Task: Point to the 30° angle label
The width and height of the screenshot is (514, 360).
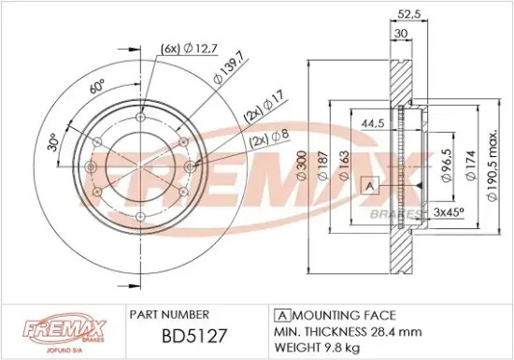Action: pos(53,143)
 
